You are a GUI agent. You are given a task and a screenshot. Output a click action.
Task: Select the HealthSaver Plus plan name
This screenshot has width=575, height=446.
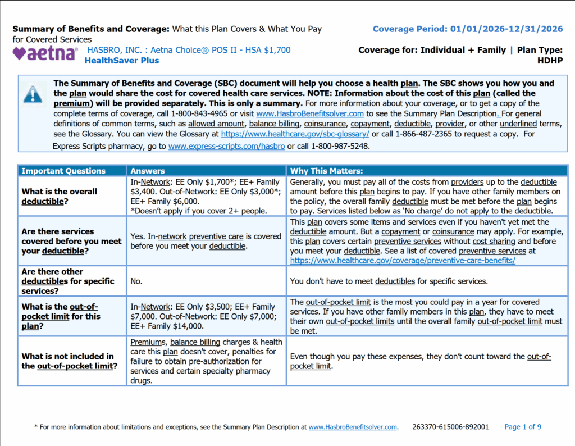point(122,61)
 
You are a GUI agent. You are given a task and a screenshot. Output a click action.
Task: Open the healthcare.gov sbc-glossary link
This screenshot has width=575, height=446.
point(295,134)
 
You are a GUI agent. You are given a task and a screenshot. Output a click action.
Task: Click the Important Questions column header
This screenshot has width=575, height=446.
point(63,171)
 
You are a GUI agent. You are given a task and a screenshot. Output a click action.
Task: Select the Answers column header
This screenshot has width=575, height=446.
point(148,171)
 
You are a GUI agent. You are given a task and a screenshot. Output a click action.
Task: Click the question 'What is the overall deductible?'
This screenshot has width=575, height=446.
point(60,196)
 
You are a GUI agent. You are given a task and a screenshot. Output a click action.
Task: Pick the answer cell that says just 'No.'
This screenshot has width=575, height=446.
point(137,281)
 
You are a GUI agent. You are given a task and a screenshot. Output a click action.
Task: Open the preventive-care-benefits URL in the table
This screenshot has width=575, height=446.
point(403,261)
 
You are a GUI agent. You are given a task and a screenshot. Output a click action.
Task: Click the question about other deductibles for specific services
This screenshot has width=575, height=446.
point(68,281)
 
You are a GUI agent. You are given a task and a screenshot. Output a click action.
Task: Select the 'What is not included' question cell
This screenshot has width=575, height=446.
point(68,361)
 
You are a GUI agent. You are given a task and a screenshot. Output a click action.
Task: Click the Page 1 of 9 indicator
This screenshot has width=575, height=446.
point(523,427)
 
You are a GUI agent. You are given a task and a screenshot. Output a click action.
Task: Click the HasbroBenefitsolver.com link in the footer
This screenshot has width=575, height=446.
point(353,427)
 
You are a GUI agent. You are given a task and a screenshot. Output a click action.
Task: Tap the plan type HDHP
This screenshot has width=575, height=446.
point(550,61)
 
